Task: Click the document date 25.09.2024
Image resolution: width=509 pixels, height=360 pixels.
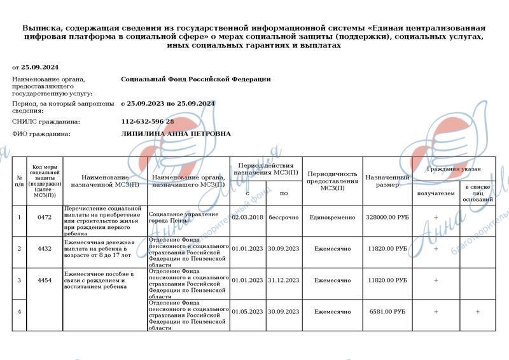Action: click(x=39, y=66)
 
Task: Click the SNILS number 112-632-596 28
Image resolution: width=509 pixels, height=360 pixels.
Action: click(x=147, y=121)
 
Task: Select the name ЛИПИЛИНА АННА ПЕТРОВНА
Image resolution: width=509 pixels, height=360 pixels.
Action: click(x=176, y=134)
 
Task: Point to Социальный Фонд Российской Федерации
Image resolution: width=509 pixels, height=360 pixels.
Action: click(x=195, y=79)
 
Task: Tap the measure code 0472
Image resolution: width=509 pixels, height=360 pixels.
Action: click(x=45, y=218)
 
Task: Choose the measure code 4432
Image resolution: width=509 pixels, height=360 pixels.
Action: click(x=45, y=249)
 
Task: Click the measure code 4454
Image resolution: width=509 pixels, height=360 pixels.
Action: click(x=45, y=280)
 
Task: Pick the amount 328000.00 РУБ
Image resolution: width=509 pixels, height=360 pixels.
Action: click(x=386, y=218)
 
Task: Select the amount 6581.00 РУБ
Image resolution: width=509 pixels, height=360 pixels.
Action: click(x=387, y=312)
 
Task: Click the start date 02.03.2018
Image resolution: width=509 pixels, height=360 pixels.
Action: click(x=248, y=218)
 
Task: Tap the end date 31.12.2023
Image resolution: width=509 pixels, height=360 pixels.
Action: click(x=283, y=280)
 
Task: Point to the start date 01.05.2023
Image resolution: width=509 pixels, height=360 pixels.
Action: click(x=248, y=312)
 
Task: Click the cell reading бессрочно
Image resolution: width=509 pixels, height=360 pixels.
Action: click(x=283, y=218)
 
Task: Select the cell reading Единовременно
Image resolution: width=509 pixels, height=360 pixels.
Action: click(x=332, y=218)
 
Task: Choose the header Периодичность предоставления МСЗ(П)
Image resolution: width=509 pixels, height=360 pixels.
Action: click(x=332, y=181)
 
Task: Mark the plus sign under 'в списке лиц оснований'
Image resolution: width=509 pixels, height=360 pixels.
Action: click(x=477, y=312)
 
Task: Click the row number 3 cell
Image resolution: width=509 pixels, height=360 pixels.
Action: click(x=19, y=280)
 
